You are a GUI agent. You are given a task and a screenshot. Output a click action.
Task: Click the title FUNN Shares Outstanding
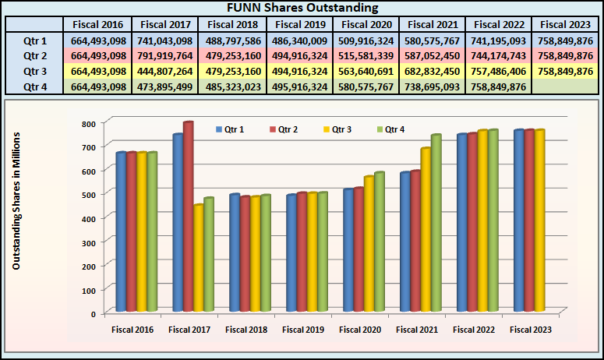pos(302,9)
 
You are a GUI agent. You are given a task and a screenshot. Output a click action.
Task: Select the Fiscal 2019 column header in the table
pos(301,25)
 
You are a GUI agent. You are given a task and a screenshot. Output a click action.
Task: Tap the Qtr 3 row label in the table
pos(35,71)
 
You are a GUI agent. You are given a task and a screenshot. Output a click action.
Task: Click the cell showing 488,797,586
pos(232,41)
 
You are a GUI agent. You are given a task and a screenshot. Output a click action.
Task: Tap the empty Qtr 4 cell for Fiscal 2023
pos(567,86)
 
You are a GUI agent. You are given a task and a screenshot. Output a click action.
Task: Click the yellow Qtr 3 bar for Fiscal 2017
pos(199,258)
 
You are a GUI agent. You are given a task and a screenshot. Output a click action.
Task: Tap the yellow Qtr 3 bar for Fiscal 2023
pos(539,221)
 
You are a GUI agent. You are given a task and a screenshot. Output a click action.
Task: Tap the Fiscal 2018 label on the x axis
pos(245,330)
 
